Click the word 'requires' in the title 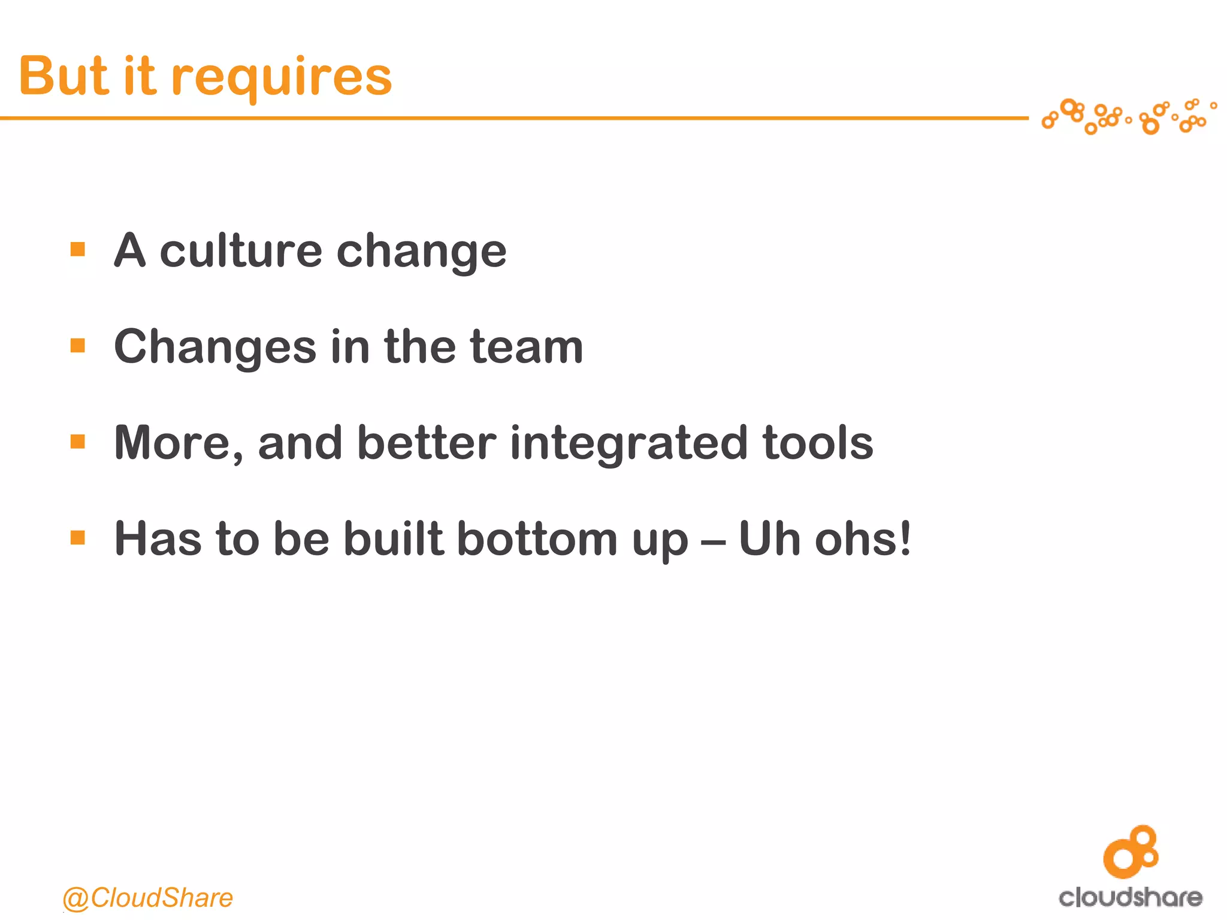(282, 78)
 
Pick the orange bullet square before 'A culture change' (78, 249)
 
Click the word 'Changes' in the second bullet (214, 347)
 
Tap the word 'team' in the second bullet (527, 347)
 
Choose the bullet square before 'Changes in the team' (78, 346)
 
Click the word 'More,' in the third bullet (179, 444)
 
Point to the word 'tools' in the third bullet (818, 443)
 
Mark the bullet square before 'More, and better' (78, 442)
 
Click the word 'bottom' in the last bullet (537, 538)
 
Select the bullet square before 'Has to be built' (78, 537)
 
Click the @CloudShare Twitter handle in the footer (147, 897)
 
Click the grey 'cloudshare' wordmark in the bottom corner (1131, 897)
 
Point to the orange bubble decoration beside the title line (1129, 116)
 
